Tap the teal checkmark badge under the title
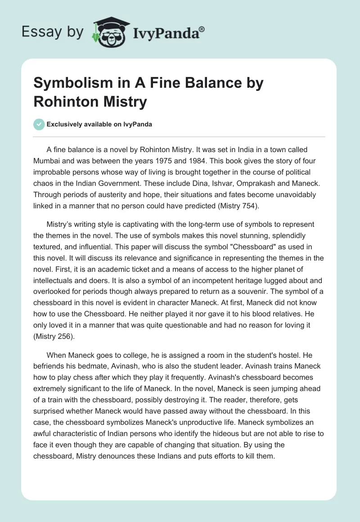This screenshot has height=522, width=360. pyautogui.click(x=40, y=124)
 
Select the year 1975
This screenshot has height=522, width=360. pyautogui.click(x=179, y=160)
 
